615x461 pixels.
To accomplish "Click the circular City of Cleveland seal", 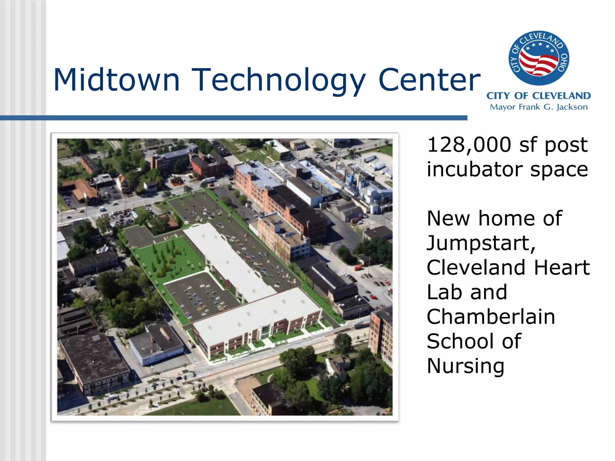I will (539, 58).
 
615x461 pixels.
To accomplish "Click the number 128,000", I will (469, 145).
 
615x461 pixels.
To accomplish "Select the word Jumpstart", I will (480, 243).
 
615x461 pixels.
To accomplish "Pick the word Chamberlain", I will (491, 317).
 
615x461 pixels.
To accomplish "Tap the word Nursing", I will (465, 366).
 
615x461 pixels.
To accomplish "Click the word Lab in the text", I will (444, 292).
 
